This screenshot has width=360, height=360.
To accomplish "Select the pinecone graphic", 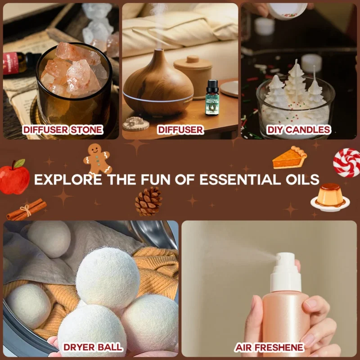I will pos(149,201).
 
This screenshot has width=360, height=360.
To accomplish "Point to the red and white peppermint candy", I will pos(347,162).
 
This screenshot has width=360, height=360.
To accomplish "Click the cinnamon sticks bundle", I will pos(27,210).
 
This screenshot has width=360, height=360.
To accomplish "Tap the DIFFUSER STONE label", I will pos(62,130).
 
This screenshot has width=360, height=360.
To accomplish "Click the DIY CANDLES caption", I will pos(298,130).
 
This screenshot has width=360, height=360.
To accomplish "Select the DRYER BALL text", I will pos(92,347).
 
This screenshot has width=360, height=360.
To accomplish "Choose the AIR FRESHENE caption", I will pos(269,347).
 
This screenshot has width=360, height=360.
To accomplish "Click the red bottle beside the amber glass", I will pos(17,63).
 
